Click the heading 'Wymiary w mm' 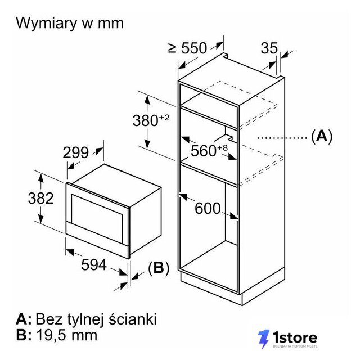point(70,24)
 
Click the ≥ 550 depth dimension point(187,48)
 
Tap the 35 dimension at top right point(269,48)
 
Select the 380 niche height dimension point(145,120)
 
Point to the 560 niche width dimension point(204,151)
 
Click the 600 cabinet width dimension point(208,209)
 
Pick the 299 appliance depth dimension point(75,152)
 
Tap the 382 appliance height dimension point(41,198)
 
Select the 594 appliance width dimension point(94,265)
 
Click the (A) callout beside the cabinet point(322,136)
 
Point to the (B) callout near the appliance point(159,268)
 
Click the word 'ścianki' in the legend point(133,319)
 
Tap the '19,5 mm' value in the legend point(66,335)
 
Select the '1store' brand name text point(295,337)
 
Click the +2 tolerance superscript point(164,118)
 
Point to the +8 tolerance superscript point(223,148)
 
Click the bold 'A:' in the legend point(24,319)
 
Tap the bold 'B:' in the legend point(24,335)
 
